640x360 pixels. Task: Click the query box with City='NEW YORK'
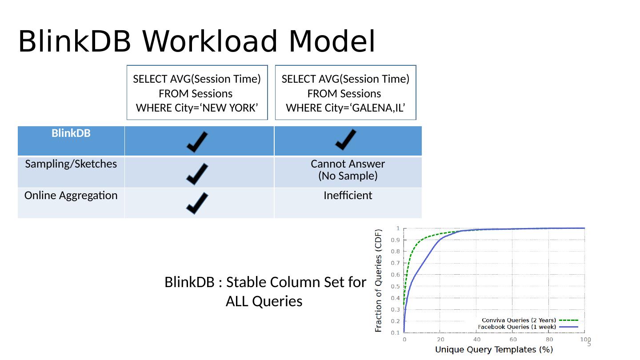pyautogui.click(x=197, y=93)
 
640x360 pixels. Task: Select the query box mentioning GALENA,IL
pyautogui.click(x=345, y=93)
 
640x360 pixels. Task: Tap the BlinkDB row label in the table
pyautogui.click(x=71, y=133)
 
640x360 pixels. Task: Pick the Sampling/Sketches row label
pyautogui.click(x=71, y=164)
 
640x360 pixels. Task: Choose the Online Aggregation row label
pyautogui.click(x=71, y=196)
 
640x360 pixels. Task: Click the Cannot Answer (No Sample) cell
pyautogui.click(x=348, y=170)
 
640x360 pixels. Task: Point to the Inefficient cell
pyautogui.click(x=348, y=196)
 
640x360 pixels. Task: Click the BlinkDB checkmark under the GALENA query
pyautogui.click(x=345, y=140)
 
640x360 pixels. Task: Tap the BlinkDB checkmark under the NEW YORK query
pyautogui.click(x=196, y=141)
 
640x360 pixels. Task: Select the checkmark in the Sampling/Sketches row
pyautogui.click(x=196, y=174)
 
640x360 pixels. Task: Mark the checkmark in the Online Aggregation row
pyautogui.click(x=196, y=203)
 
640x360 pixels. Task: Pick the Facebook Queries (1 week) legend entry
pyautogui.click(x=528, y=327)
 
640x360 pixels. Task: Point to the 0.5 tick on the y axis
pyautogui.click(x=395, y=286)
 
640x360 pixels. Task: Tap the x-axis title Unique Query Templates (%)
pyautogui.click(x=494, y=350)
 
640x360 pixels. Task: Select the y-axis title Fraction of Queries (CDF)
pyautogui.click(x=379, y=280)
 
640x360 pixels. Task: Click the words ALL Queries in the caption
pyautogui.click(x=264, y=301)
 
